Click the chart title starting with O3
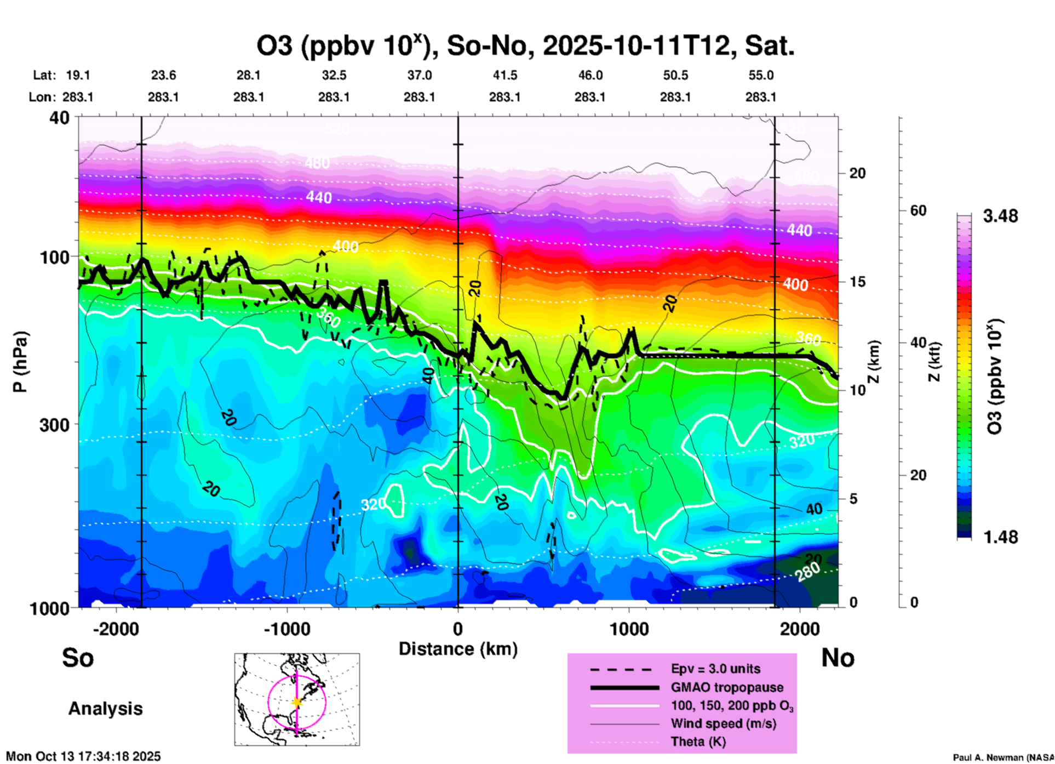526,46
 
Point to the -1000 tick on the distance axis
286,629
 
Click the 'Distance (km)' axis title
458,649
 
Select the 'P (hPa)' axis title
20,362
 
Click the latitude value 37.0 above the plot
419,75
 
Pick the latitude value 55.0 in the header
761,75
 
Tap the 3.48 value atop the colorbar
1000,216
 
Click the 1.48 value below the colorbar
1000,537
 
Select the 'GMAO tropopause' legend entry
727,687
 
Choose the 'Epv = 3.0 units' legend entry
715,669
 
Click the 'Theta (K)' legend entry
698,742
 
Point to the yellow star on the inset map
297,702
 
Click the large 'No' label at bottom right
838,658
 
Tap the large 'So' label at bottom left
78,658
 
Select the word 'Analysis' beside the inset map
105,709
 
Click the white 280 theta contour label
807,572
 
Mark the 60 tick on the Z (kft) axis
918,211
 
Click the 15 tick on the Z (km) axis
857,282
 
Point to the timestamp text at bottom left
83,756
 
